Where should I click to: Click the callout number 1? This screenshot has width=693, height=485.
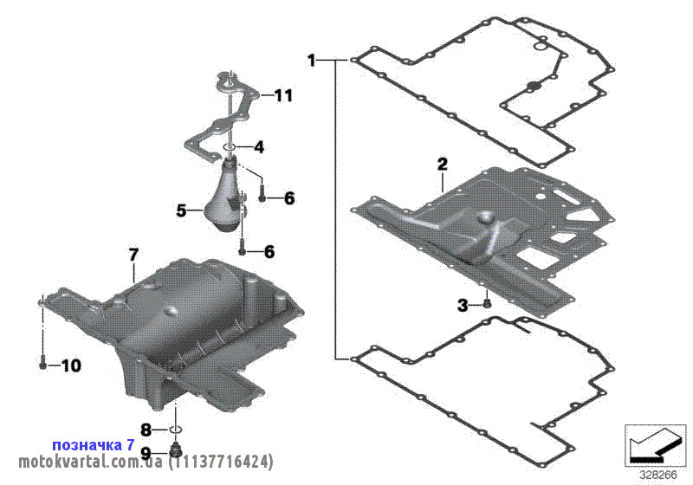312,60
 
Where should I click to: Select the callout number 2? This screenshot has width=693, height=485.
442,165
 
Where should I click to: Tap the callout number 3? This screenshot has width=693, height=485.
463,305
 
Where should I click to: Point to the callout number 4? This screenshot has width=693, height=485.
258,146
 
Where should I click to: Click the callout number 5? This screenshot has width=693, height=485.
181,211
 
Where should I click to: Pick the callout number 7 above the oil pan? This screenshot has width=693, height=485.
133,255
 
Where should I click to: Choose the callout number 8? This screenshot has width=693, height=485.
146,430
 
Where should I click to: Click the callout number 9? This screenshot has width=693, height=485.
146,453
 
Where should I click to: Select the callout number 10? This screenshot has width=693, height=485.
71,365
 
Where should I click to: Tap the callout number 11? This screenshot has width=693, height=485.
282,95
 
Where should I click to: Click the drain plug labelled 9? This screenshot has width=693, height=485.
176,450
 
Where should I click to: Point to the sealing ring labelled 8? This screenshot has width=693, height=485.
176,429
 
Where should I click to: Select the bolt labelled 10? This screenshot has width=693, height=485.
42,360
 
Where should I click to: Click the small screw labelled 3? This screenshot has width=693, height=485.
488,303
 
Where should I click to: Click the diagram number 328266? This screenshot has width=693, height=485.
658,475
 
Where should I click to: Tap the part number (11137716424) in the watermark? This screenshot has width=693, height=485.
221,462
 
